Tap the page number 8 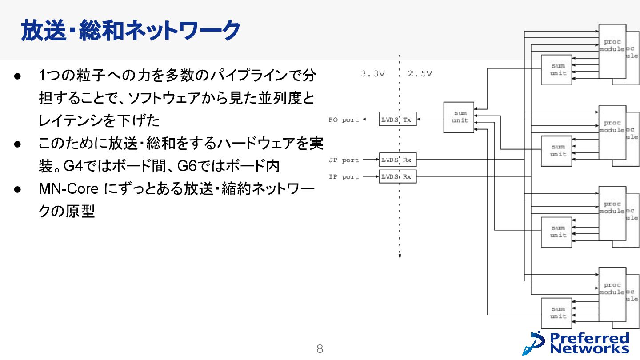[x=320, y=349]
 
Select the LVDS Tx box [x=398, y=120]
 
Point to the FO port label [x=344, y=120]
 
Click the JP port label [x=344, y=160]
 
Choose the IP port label [x=344, y=176]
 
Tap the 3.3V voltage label [x=372, y=74]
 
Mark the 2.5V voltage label [x=420, y=74]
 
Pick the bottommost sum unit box [x=556, y=313]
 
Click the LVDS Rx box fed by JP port [x=398, y=160]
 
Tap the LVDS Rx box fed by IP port [x=398, y=176]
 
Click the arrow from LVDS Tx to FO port [x=371, y=120]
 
